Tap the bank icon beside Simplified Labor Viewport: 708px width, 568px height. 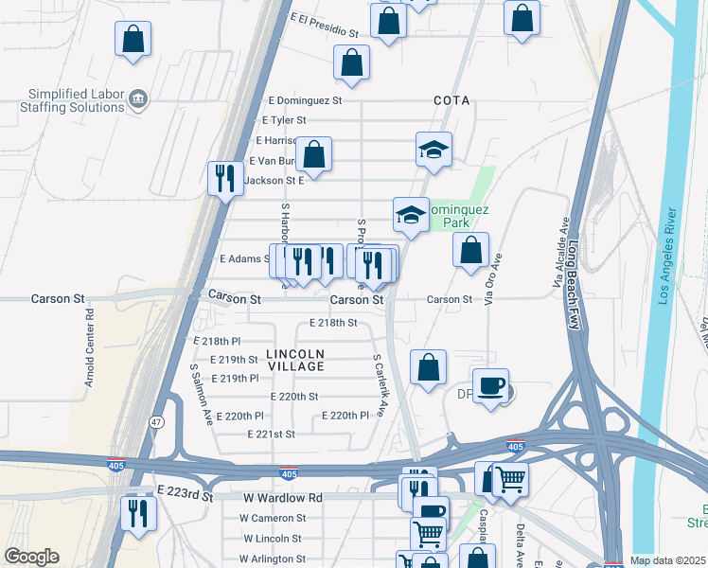coord(138,98)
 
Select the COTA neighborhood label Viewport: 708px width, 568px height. coord(451,100)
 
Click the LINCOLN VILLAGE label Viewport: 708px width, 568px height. coord(289,360)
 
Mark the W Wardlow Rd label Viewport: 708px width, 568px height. coord(283,497)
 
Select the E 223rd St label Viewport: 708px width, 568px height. coord(187,493)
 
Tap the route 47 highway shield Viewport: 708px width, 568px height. coord(154,420)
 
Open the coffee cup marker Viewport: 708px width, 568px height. coord(490,386)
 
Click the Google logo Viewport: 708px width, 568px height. coord(31,557)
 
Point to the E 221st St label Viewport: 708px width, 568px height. coord(271,435)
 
